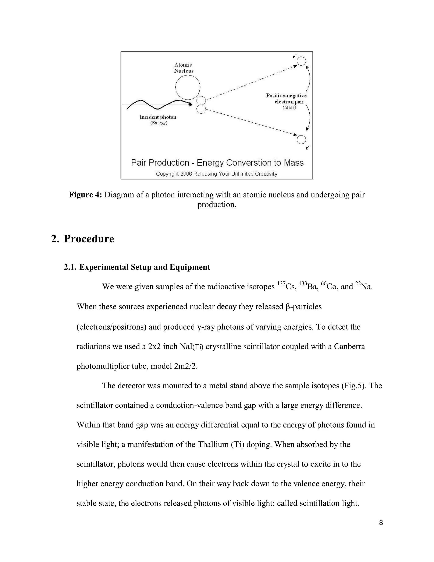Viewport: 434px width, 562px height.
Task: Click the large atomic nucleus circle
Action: (x=188, y=87)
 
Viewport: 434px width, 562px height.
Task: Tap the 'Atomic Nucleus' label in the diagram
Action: (x=184, y=68)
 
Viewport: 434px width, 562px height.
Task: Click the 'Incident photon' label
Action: (x=158, y=117)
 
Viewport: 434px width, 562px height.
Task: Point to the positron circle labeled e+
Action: (x=301, y=61)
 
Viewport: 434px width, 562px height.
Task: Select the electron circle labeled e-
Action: (x=301, y=140)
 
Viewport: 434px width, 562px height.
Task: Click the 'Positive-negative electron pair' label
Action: (x=286, y=99)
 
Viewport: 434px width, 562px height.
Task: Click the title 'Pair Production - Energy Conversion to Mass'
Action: (x=217, y=163)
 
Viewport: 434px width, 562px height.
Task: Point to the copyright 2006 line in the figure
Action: (x=217, y=174)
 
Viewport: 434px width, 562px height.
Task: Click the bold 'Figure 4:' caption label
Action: (x=85, y=195)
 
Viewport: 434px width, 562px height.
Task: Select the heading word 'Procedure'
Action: (x=89, y=239)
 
